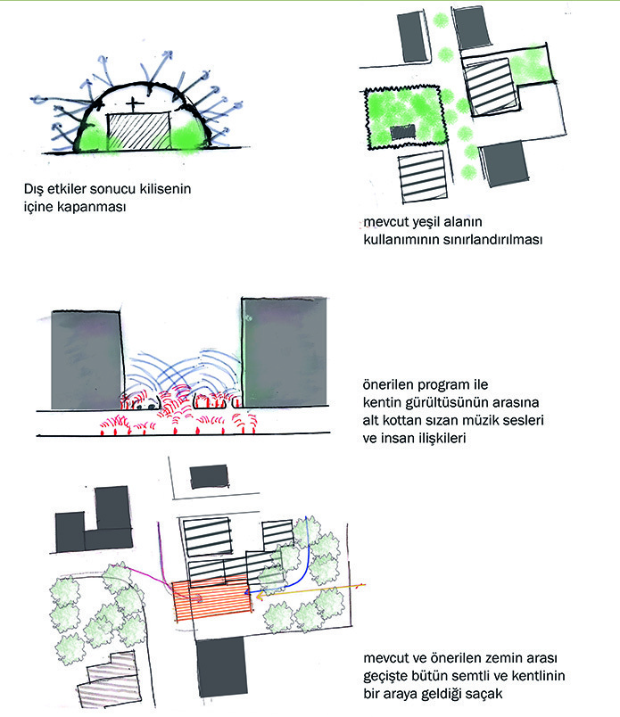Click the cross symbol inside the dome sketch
pyautogui.click(x=135, y=104)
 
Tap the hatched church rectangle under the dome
pyautogui.click(x=139, y=131)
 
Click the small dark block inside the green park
pyautogui.click(x=403, y=132)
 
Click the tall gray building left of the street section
pyautogui.click(x=87, y=360)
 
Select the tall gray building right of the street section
pyautogui.click(x=285, y=352)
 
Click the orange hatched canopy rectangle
pyautogui.click(x=212, y=598)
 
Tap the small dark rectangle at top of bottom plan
pyautogui.click(x=209, y=477)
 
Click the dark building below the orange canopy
pyautogui.click(x=222, y=667)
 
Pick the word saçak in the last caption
pyautogui.click(x=484, y=694)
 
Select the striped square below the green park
pyautogui.click(x=423, y=177)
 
